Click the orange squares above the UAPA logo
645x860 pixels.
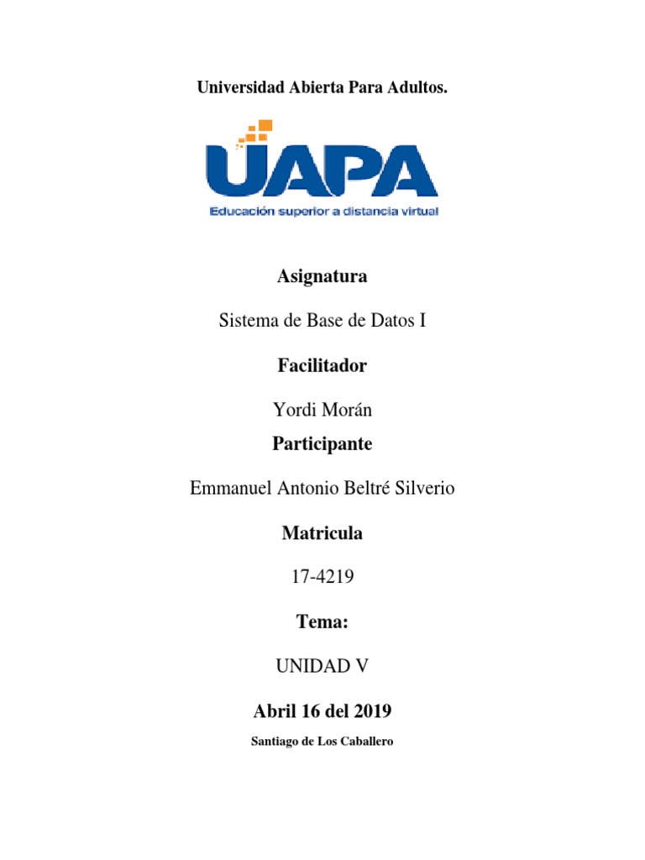(x=257, y=132)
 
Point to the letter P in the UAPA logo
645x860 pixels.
(x=352, y=172)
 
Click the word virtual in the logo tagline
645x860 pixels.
(x=417, y=212)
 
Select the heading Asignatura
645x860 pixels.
(x=322, y=276)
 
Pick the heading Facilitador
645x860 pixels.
(x=322, y=366)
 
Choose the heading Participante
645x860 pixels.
(x=322, y=444)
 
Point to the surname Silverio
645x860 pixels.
(x=421, y=488)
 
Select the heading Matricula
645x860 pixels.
(x=322, y=532)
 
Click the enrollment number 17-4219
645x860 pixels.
(x=322, y=577)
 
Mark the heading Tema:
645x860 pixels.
(x=322, y=621)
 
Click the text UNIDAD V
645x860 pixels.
(x=322, y=666)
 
